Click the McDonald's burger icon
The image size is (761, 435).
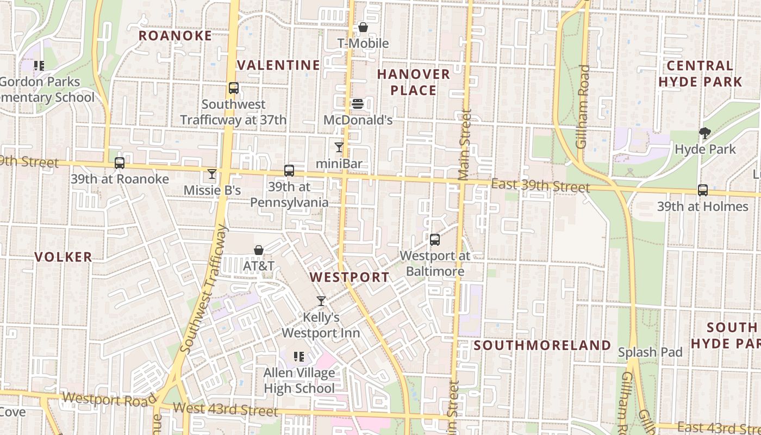(358, 103)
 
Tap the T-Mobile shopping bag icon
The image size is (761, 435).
(363, 27)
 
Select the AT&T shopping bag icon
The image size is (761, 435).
(259, 250)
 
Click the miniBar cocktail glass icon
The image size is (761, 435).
(339, 147)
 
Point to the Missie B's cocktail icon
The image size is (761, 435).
(212, 174)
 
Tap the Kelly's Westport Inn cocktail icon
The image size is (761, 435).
(321, 301)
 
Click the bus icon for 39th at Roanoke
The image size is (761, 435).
(120, 163)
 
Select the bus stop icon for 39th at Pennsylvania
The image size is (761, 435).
(289, 171)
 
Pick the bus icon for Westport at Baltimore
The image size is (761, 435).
(434, 239)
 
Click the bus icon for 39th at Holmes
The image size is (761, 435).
(703, 190)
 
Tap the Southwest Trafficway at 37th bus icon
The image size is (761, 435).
(234, 88)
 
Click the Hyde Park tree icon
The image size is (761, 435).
(705, 133)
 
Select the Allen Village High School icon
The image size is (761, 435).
(298, 357)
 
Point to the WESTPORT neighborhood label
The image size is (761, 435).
(350, 277)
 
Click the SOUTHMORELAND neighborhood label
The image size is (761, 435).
(542, 345)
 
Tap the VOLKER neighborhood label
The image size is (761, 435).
(64, 257)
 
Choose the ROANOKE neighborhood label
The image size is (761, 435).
(175, 36)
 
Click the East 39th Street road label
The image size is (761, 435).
(540, 186)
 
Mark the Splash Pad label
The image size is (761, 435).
(650, 352)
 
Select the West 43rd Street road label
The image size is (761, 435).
(225, 409)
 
